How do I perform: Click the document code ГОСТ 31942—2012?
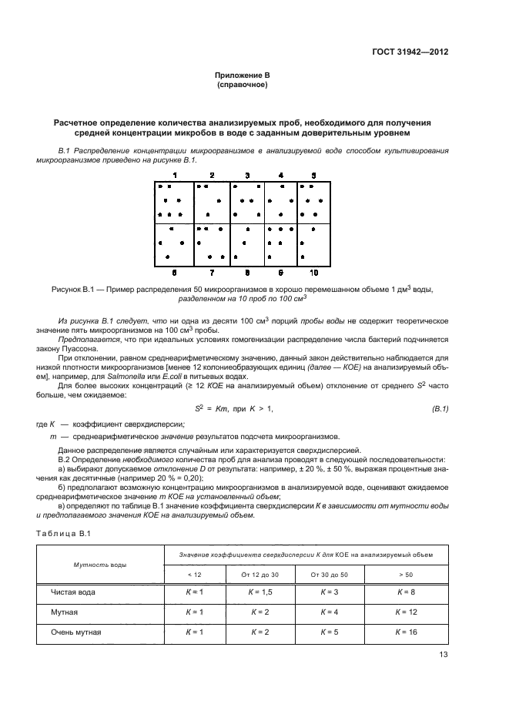[410, 52]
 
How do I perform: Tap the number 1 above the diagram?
[175, 176]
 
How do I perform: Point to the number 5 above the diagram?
[313, 176]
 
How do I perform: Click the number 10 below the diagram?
[313, 273]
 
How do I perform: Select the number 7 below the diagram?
[212, 273]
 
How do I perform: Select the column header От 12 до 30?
[256, 575]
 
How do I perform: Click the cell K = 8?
[405, 592]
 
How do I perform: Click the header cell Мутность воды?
[100, 565]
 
